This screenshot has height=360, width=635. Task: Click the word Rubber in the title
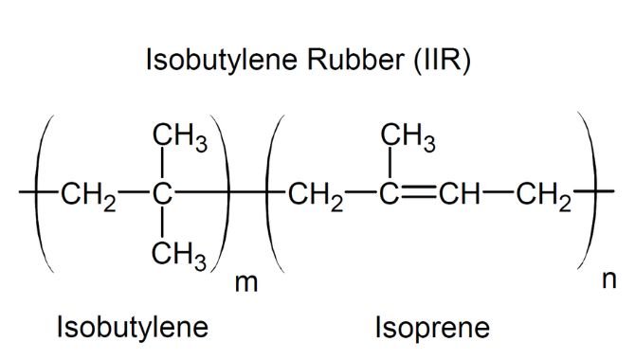[355, 59]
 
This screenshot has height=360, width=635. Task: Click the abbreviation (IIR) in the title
[442, 60]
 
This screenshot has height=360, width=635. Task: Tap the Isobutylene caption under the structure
[133, 327]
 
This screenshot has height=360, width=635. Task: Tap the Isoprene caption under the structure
[432, 328]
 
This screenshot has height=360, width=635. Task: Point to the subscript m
[245, 282]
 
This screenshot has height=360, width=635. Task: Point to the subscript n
[608, 279]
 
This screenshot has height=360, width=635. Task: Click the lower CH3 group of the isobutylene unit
[179, 256]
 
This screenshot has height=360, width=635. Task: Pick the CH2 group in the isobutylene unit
[89, 196]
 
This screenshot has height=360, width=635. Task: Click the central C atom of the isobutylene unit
[162, 193]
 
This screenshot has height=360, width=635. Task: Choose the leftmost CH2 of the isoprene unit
[316, 196]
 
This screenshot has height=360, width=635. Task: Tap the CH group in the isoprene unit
[460, 193]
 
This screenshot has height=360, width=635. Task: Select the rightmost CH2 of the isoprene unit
[543, 196]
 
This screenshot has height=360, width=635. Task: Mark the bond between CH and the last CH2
[498, 191]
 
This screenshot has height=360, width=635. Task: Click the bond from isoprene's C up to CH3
[390, 163]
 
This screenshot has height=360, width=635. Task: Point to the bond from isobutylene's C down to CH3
[162, 223]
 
